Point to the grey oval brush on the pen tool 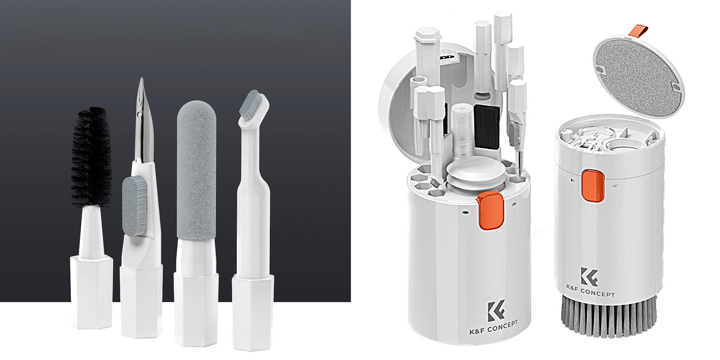tap(135, 206)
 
